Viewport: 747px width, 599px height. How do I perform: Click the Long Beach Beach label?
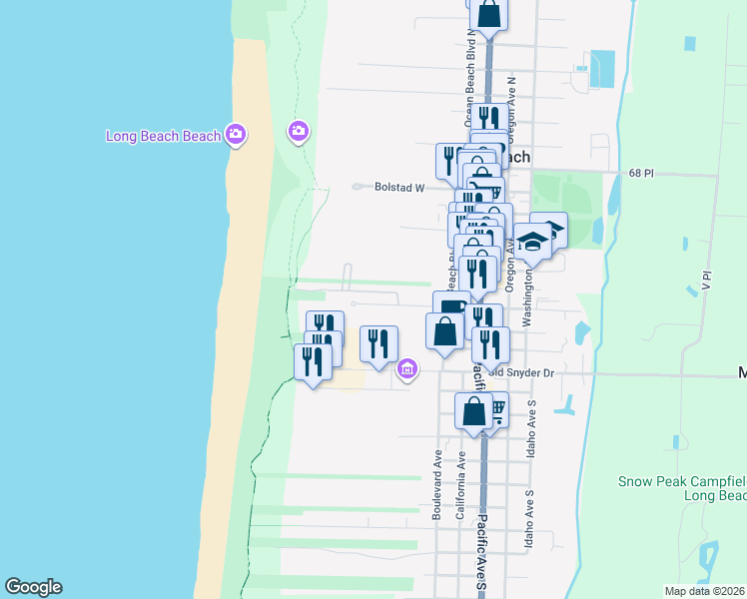click(x=163, y=136)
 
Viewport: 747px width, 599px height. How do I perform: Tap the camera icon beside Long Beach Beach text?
click(x=236, y=134)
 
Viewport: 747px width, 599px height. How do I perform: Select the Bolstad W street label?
click(x=399, y=187)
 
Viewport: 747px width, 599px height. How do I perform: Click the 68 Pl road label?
click(x=641, y=174)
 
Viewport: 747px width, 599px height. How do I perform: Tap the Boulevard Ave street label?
click(x=437, y=484)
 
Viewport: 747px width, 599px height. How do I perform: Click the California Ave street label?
click(x=461, y=483)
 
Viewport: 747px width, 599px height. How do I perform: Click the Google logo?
click(x=33, y=587)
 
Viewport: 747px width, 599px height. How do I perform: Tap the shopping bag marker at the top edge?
click(x=488, y=13)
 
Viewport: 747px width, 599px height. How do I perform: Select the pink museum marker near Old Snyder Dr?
click(x=406, y=369)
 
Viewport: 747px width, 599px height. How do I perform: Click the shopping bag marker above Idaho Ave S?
click(x=473, y=408)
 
